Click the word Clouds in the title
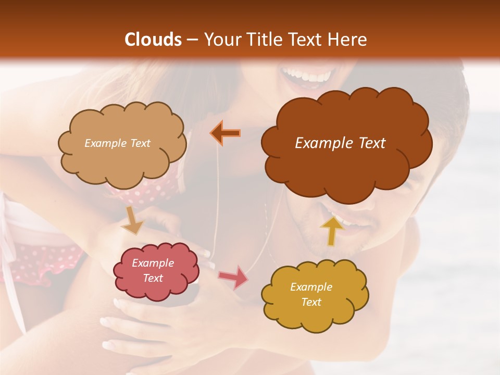tap(153, 40)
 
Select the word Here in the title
tap(347, 40)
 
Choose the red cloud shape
tap(156, 271)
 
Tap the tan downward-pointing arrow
tap(132, 220)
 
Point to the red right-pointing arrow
tap(233, 277)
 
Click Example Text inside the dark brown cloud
tap(340, 143)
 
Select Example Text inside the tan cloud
tap(117, 143)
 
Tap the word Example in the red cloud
tap(153, 263)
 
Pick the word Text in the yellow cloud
tap(311, 302)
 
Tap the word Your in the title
tap(222, 40)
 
